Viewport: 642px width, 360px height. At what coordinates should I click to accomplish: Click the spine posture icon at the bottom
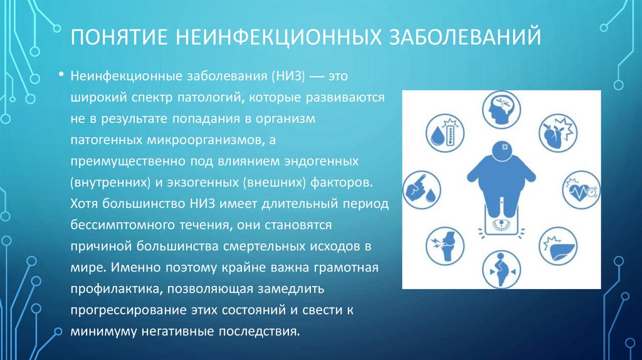coord(500,266)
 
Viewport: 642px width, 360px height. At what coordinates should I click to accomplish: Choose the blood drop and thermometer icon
coord(443,133)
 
